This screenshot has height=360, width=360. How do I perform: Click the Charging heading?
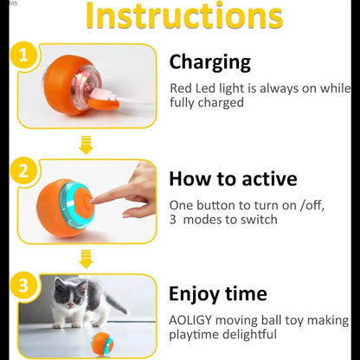click(x=209, y=61)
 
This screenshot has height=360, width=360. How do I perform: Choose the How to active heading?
click(x=233, y=179)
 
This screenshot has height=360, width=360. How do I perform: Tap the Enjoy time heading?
click(x=217, y=293)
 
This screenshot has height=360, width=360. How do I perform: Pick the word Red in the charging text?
click(x=181, y=87)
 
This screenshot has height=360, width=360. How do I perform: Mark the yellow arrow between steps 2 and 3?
click(x=85, y=257)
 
